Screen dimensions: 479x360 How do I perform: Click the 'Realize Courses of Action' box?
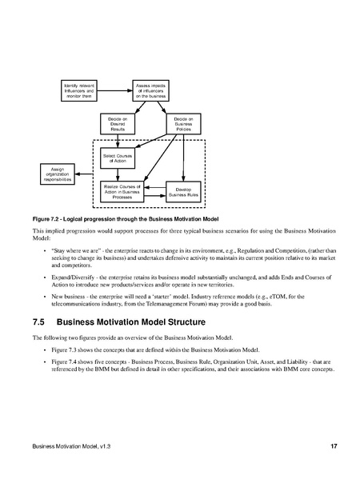[x=117, y=192]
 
